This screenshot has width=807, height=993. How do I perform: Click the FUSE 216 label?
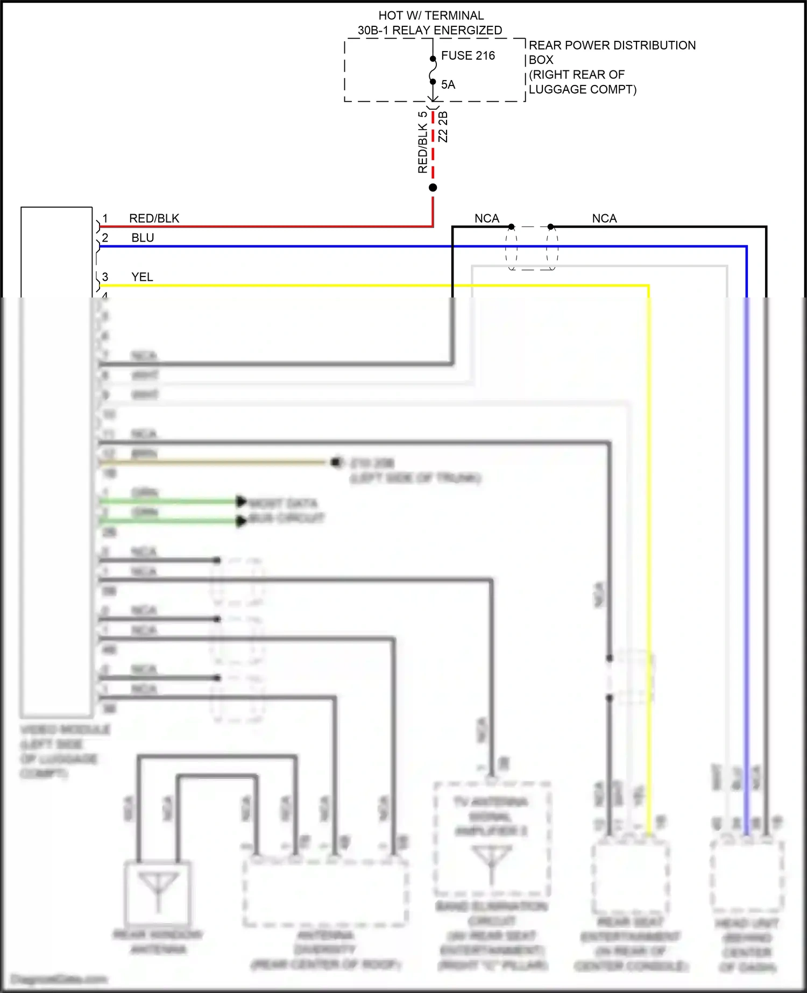[468, 55]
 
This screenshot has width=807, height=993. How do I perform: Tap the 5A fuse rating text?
[448, 84]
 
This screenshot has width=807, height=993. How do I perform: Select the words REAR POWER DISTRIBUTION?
[612, 45]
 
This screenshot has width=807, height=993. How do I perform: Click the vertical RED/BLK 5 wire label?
[423, 143]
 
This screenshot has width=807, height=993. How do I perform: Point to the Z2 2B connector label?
[443, 127]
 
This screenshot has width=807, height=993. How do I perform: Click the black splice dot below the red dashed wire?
[433, 188]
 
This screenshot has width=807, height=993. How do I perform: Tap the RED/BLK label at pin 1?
[154, 218]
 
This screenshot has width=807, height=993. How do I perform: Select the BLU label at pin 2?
[143, 238]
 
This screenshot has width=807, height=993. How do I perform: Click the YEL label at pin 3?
[142, 277]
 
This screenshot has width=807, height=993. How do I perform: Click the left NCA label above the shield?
[486, 218]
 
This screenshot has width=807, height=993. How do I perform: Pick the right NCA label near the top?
[604, 218]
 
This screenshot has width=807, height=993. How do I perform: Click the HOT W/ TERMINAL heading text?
[431, 16]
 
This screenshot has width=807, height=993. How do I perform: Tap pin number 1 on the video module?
[105, 218]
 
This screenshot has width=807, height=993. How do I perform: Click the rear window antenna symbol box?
[158, 892]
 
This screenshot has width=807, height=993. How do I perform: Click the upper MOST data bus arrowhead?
[242, 501]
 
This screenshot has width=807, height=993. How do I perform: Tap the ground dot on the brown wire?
[336, 462]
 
